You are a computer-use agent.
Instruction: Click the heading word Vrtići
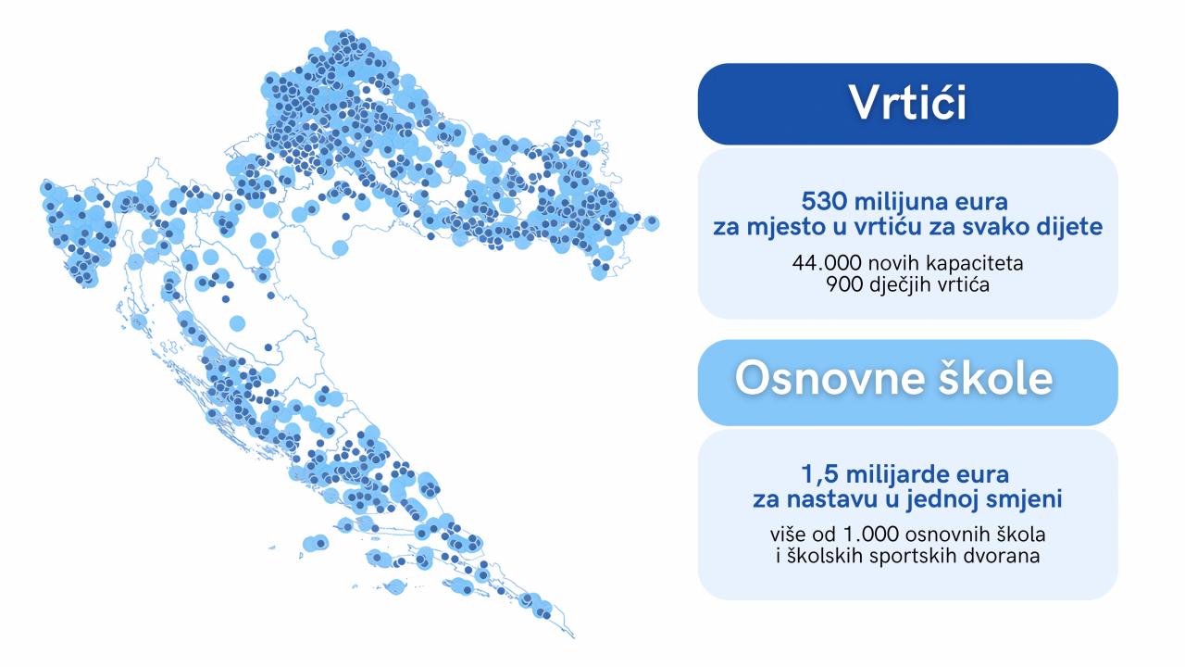(x=908, y=102)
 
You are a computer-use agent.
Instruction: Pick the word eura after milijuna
(x=982, y=203)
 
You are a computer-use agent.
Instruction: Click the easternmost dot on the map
(x=652, y=221)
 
